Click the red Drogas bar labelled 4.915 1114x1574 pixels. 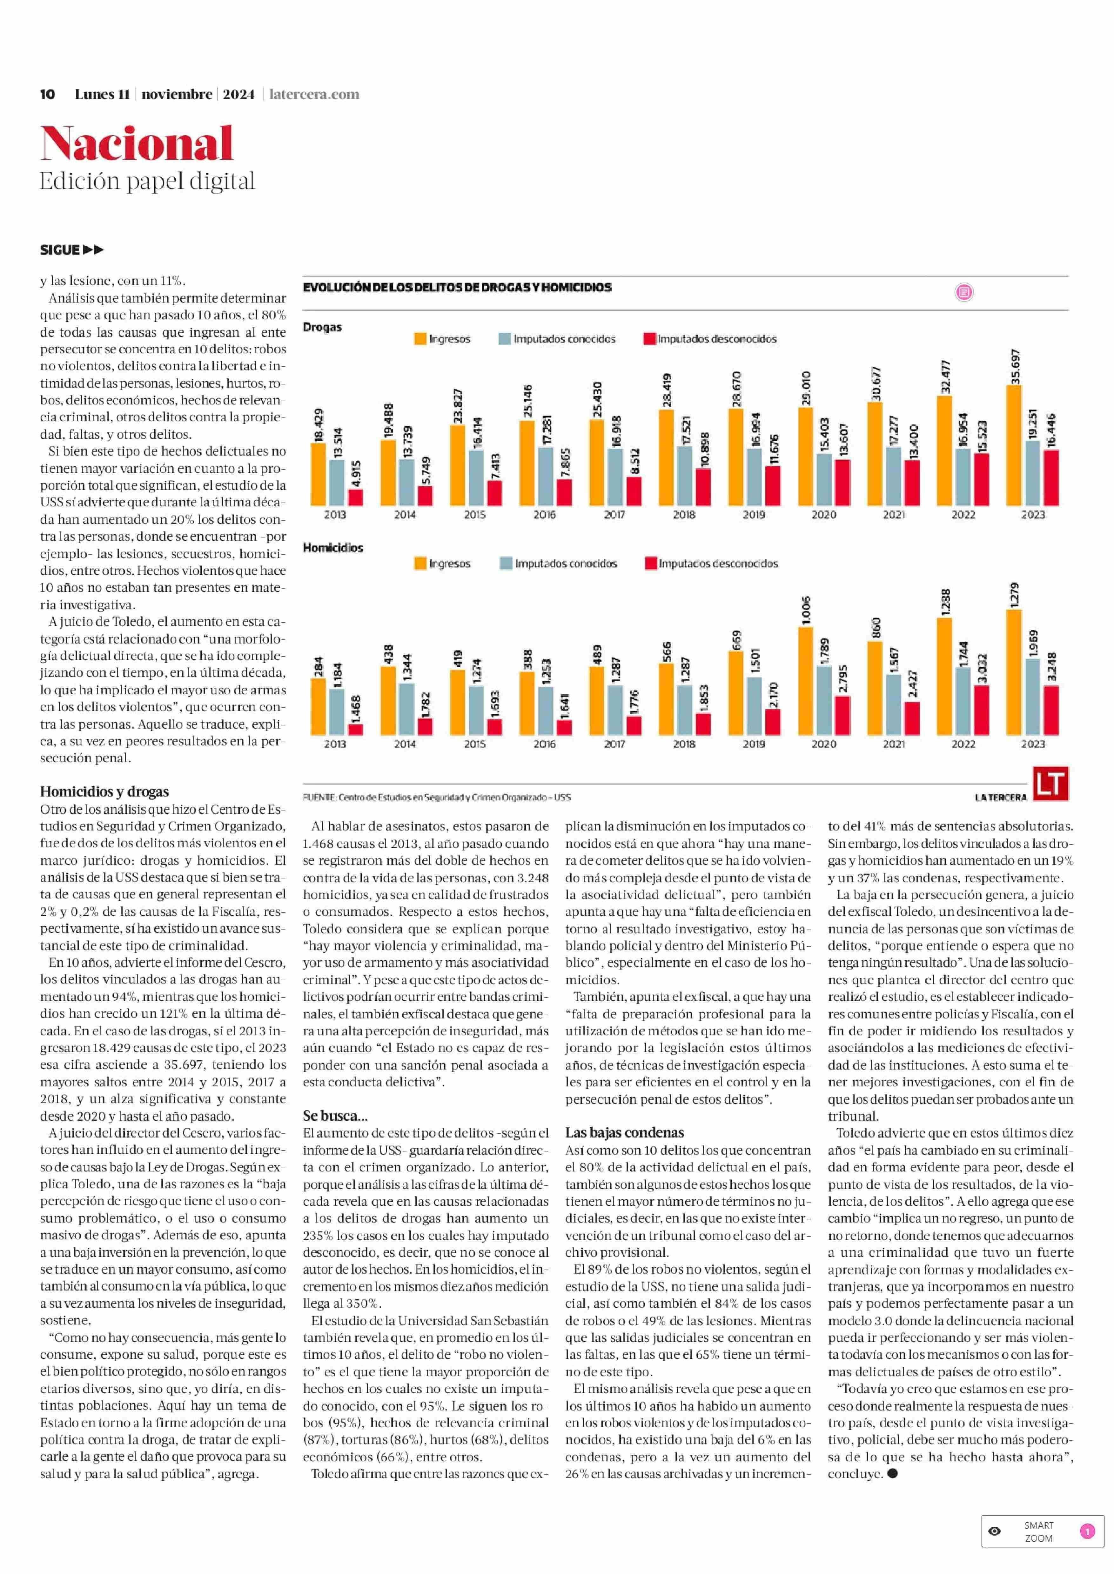[x=355, y=497]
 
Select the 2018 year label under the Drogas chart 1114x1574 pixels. [x=684, y=514]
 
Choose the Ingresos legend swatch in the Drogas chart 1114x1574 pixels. [x=420, y=339]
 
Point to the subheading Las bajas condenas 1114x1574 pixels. [x=624, y=1132]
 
